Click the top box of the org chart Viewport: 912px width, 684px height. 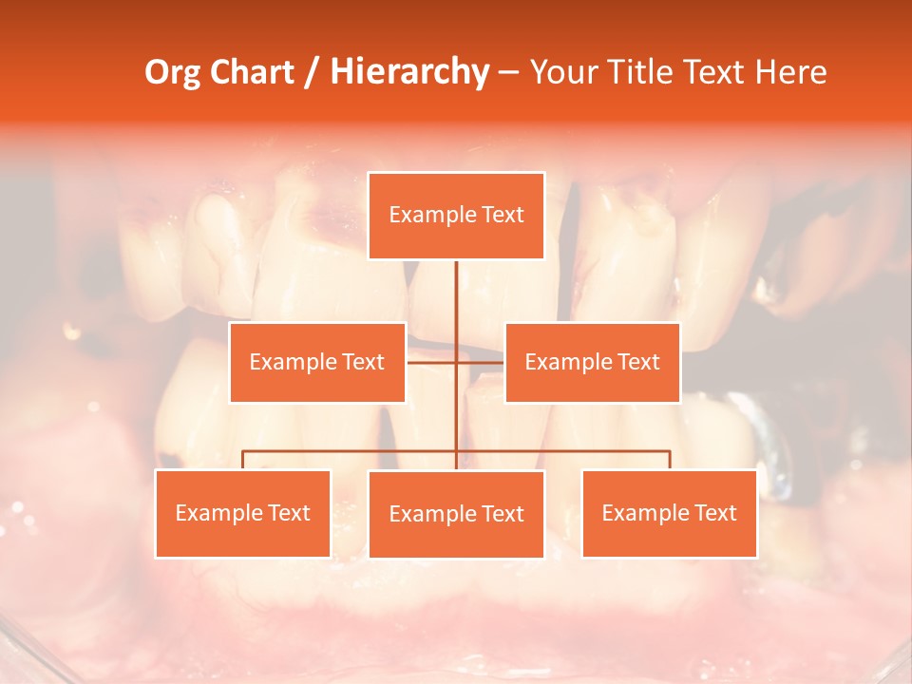pyautogui.click(x=456, y=216)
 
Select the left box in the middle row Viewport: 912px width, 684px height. pyautogui.click(x=317, y=362)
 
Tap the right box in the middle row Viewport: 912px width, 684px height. pyautogui.click(x=592, y=362)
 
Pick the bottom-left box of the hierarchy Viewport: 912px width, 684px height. pyautogui.click(x=242, y=514)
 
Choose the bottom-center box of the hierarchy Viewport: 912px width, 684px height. pyautogui.click(x=456, y=515)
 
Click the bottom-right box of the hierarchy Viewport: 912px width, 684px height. pyautogui.click(x=669, y=514)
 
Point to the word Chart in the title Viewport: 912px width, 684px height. pyautogui.click(x=250, y=72)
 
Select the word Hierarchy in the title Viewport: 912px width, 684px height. pyautogui.click(x=408, y=72)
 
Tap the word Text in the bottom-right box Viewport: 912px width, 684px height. pyautogui.click(x=715, y=514)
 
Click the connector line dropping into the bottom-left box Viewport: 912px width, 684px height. pyautogui.click(x=242, y=460)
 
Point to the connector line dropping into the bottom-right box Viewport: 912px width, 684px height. pyautogui.click(x=669, y=460)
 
